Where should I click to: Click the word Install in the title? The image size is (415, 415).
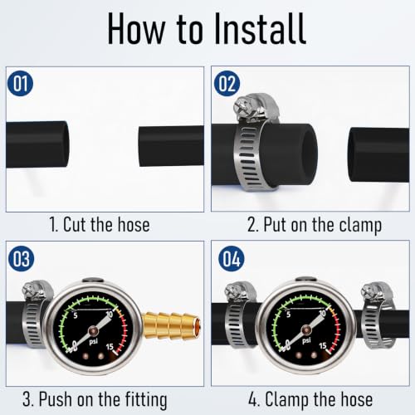point(260,29)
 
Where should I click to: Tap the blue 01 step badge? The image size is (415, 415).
point(20,83)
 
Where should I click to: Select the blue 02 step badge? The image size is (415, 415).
point(227,83)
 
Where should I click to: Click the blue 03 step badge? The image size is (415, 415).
point(22,259)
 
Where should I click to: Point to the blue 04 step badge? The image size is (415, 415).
point(231,259)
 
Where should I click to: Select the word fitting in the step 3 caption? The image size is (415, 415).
point(146,400)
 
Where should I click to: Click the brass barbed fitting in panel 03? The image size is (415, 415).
point(172,325)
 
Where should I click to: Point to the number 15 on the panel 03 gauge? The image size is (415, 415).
point(110,347)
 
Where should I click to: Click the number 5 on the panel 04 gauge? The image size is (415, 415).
point(288,315)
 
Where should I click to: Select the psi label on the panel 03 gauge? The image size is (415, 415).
point(94,342)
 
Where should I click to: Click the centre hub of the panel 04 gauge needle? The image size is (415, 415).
point(306,330)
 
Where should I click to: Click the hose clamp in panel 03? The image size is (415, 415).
point(36,314)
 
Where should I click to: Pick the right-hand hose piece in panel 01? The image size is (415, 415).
point(171,146)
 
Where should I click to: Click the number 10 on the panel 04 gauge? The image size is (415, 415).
point(322,313)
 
